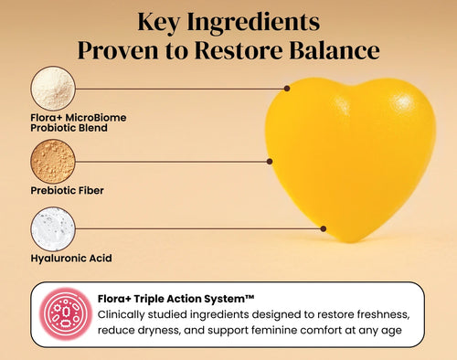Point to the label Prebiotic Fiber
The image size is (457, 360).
pyautogui.click(x=68, y=191)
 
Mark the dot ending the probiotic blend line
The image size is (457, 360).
pyautogui.click(x=287, y=89)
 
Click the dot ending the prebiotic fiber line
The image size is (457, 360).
pyautogui.click(x=270, y=161)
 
